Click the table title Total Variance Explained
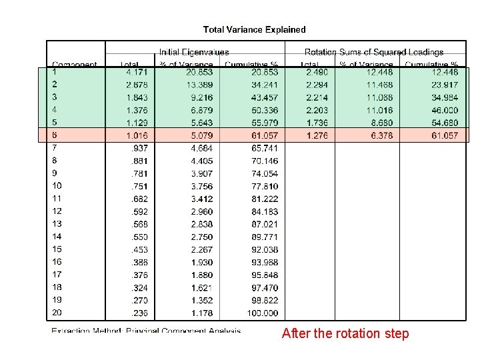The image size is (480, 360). [x=254, y=29]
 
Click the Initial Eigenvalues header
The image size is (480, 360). [x=194, y=52]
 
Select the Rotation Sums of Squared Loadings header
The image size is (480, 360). [x=374, y=52]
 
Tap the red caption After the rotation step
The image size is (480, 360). [x=345, y=333]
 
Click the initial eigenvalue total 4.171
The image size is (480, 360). [x=137, y=72]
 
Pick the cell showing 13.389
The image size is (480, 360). [x=200, y=85]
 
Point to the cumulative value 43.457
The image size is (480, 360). [x=265, y=97]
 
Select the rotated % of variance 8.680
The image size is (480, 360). [x=380, y=123]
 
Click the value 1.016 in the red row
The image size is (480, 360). [x=137, y=135]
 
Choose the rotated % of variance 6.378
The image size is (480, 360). [x=380, y=135]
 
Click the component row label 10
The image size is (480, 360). [x=57, y=186]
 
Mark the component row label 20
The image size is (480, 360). [x=57, y=313]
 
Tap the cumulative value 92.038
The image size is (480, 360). [x=265, y=249]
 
